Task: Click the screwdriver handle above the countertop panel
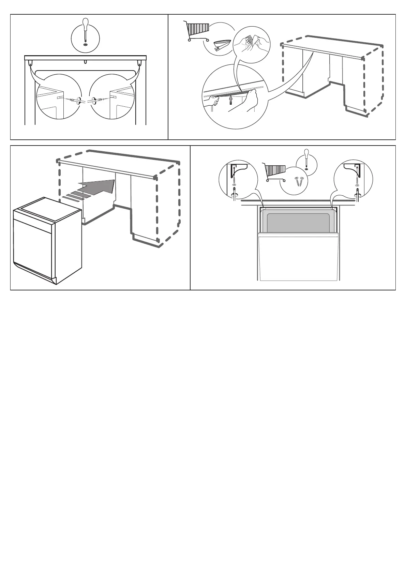(x=85, y=25)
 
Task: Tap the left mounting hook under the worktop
(x=30, y=63)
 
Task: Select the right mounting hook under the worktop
(x=139, y=63)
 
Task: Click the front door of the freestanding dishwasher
(x=33, y=245)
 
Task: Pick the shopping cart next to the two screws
(x=274, y=171)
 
